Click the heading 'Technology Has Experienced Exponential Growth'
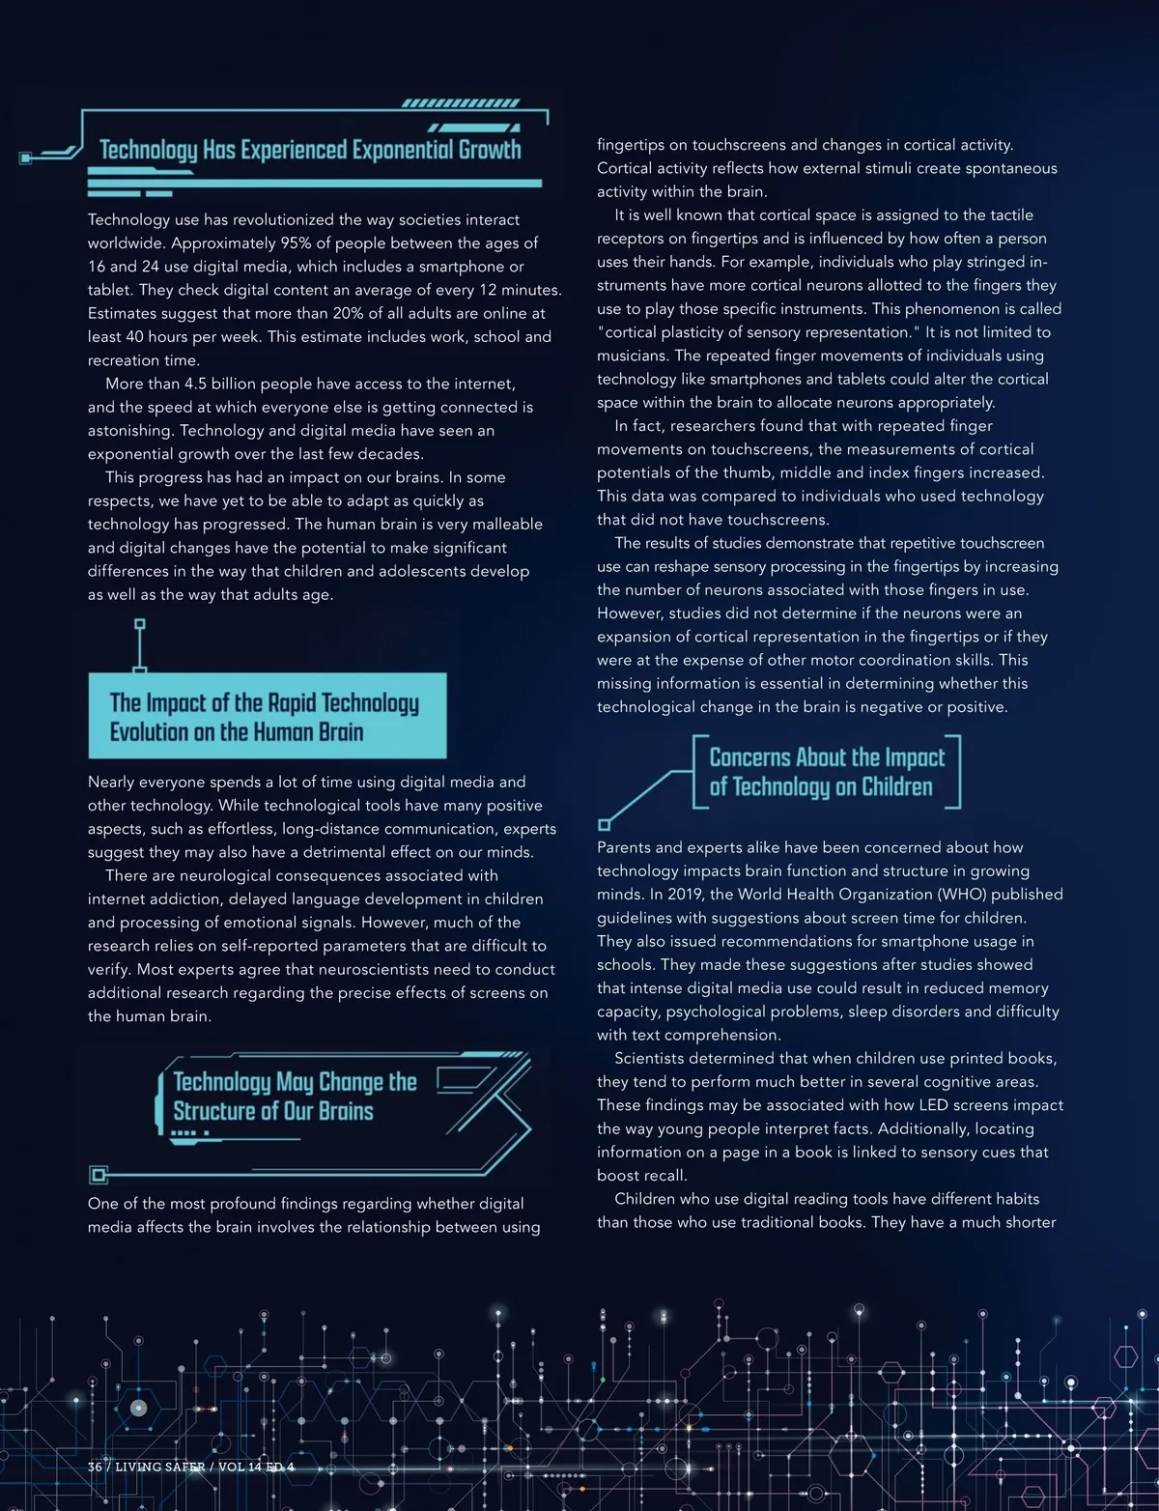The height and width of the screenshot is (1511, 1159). [310, 150]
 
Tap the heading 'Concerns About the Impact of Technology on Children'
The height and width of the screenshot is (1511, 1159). [826, 772]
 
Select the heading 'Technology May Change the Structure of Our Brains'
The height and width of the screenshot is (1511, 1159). [294, 1097]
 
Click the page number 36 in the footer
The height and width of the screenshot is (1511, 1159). [95, 1467]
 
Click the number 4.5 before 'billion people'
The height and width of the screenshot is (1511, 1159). [197, 384]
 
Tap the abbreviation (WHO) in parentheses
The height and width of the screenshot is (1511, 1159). [947, 895]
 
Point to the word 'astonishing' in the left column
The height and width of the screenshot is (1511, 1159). [130, 431]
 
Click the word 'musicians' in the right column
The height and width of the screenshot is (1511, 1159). [631, 356]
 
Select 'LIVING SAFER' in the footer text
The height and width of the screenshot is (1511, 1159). [159, 1467]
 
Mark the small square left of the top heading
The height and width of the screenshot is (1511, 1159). [26, 157]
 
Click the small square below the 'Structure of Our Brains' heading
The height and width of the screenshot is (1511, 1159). [97, 1175]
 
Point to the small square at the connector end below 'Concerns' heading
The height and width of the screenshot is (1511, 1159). [605, 825]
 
